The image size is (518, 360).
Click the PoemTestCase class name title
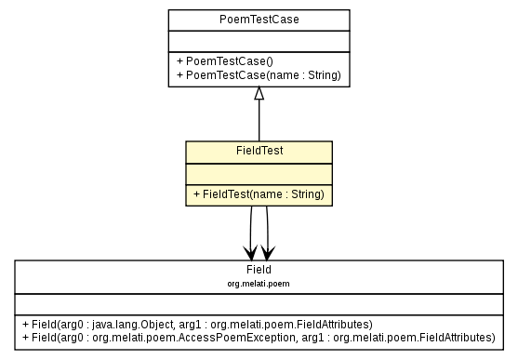pyautogui.click(x=259, y=20)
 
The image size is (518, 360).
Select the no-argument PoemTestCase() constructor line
pyautogui.click(x=217, y=60)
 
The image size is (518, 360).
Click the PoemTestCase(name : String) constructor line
pyautogui.click(x=258, y=74)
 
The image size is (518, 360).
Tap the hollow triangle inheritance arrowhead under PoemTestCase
pyautogui.click(x=259, y=93)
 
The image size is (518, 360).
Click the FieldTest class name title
pyautogui.click(x=259, y=150)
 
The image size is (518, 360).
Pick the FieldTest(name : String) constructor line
pyautogui.click(x=259, y=194)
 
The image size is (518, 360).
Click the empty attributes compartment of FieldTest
pyautogui.click(x=259, y=172)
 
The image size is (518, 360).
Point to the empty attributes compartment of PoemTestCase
pyautogui.click(x=259, y=41)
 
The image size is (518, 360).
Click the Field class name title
pyautogui.click(x=259, y=269)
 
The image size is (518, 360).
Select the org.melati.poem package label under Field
pyautogui.click(x=259, y=281)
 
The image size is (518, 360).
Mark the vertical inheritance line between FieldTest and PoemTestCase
pyautogui.click(x=259, y=121)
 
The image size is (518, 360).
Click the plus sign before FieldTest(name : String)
pyautogui.click(x=197, y=194)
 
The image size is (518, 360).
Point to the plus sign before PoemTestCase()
pyautogui.click(x=179, y=60)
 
